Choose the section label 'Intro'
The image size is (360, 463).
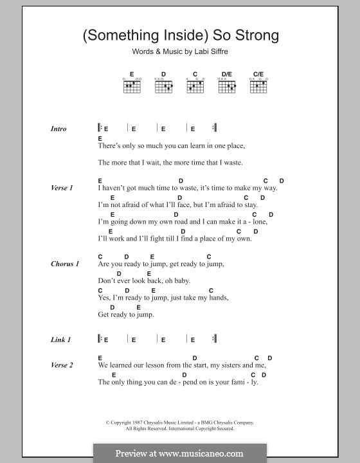[59, 129]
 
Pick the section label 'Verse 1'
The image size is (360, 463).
[62, 188]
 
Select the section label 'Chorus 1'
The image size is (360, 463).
[64, 264]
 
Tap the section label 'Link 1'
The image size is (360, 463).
[60, 339]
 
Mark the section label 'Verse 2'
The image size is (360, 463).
[62, 365]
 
